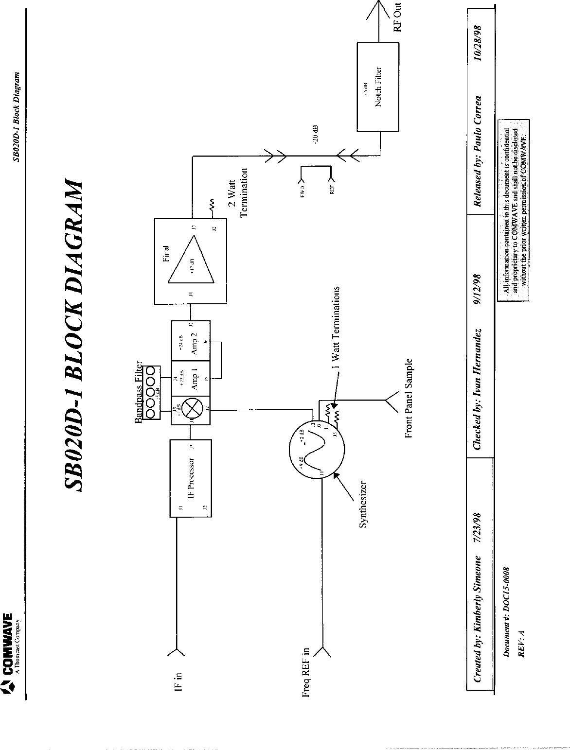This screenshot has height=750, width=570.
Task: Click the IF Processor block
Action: pyautogui.click(x=190, y=478)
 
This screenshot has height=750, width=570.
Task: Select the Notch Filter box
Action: pyautogui.click(x=378, y=87)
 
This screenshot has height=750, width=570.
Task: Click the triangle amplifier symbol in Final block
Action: pyautogui.click(x=192, y=260)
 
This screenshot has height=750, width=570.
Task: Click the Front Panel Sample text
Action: pyautogui.click(x=409, y=398)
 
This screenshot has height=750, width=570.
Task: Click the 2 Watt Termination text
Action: pyautogui.click(x=237, y=192)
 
